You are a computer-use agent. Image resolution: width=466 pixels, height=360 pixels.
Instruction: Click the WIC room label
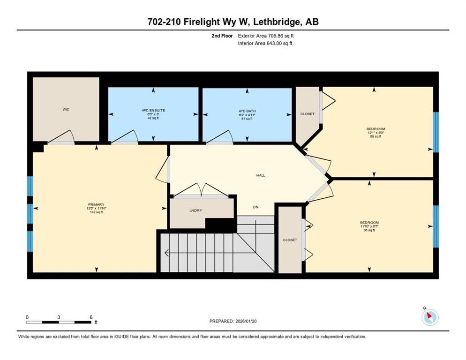click(66, 109)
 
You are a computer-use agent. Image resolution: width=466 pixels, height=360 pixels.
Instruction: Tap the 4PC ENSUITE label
click(153, 111)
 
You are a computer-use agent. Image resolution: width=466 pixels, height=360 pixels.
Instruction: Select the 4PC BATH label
click(247, 111)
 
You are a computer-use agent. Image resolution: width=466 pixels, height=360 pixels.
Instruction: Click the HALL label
click(261, 175)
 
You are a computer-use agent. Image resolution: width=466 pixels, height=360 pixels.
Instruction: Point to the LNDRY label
click(195, 210)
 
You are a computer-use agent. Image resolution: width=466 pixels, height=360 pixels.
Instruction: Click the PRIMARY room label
click(96, 204)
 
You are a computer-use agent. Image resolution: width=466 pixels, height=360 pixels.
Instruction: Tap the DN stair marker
click(256, 207)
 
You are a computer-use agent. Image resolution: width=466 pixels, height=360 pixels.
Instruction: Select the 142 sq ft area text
click(96, 212)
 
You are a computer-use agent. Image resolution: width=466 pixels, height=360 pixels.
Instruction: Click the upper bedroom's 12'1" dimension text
click(370, 133)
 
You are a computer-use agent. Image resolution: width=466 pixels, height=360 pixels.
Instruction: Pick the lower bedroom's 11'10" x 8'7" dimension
click(369, 226)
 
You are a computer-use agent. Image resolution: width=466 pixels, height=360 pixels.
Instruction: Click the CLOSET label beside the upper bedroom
click(307, 114)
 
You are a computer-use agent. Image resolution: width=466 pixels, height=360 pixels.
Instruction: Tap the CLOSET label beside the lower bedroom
click(290, 240)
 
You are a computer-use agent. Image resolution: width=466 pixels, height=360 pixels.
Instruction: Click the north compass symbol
click(429, 317)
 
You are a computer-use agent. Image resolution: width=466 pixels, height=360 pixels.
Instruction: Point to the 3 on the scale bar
click(59, 317)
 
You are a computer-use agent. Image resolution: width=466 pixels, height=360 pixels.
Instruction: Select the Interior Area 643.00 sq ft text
click(265, 44)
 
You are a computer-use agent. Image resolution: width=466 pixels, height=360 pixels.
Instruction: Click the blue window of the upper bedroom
click(436, 132)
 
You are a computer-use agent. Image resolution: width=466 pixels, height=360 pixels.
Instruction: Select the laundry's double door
click(201, 191)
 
